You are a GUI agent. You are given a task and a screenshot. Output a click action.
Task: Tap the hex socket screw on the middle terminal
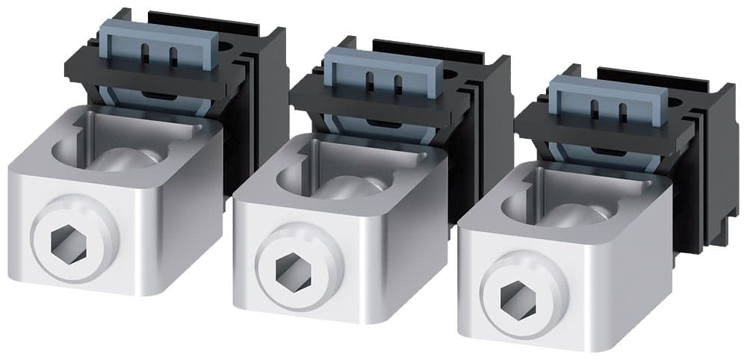[x=288, y=267]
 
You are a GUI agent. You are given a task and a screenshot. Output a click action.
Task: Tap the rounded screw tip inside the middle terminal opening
[x=356, y=184]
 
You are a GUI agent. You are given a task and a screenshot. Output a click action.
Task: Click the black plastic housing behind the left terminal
[x=261, y=97]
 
